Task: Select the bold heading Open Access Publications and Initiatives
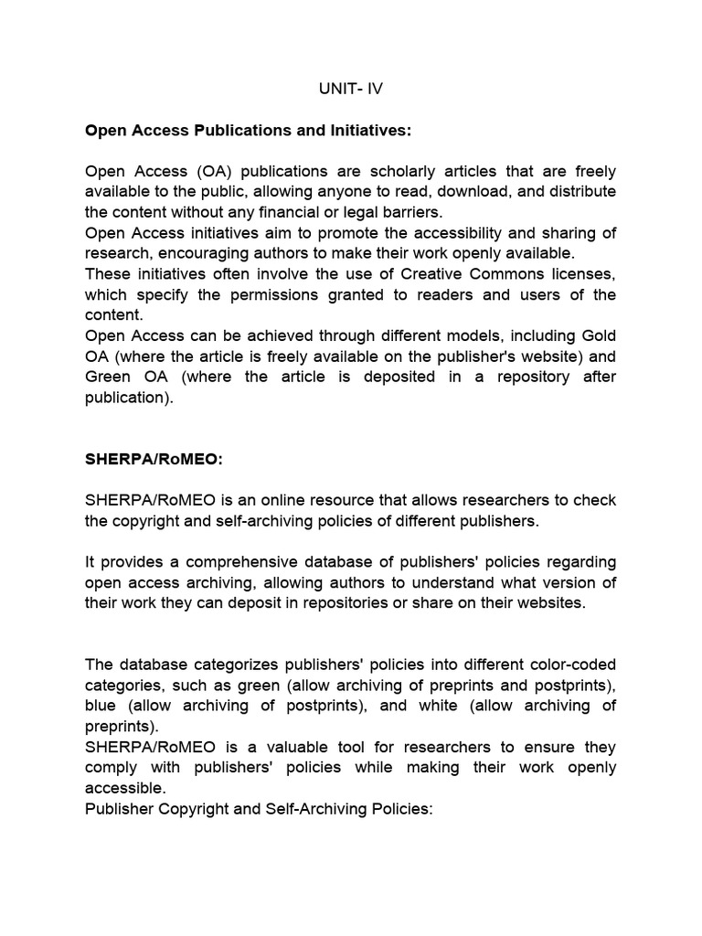click(x=249, y=131)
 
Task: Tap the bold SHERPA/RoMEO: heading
click(x=154, y=460)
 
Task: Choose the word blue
click(x=101, y=705)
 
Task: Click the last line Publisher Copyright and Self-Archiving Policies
click(x=258, y=808)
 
